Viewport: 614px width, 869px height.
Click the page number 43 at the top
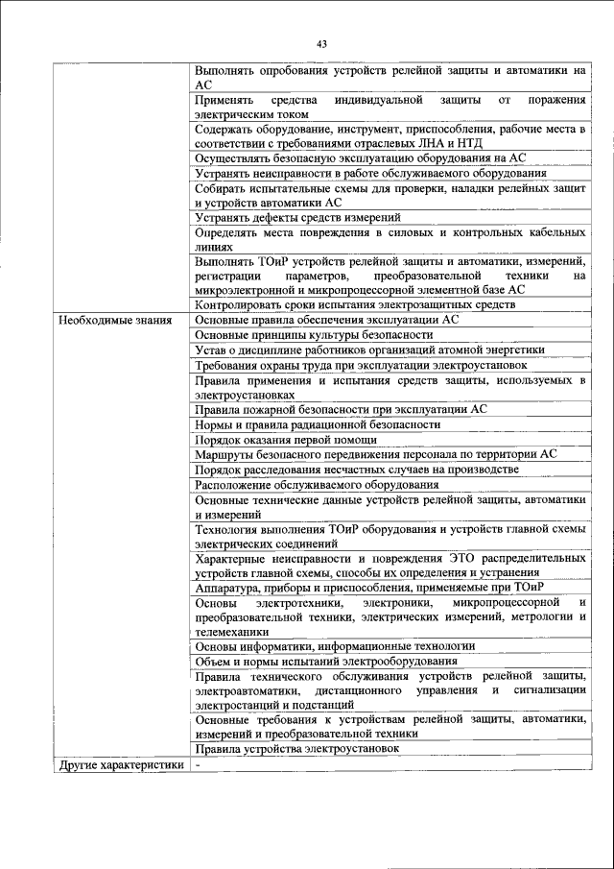[x=320, y=43]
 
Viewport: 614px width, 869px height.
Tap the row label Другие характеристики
[x=119, y=764]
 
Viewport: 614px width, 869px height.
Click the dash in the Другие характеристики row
[x=197, y=764]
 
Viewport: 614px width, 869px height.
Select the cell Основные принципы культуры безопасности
[x=313, y=335]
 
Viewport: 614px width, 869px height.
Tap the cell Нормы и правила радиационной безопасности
[x=318, y=423]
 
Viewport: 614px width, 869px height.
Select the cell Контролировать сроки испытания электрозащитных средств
[x=354, y=304]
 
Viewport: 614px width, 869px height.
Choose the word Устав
[x=211, y=350]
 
